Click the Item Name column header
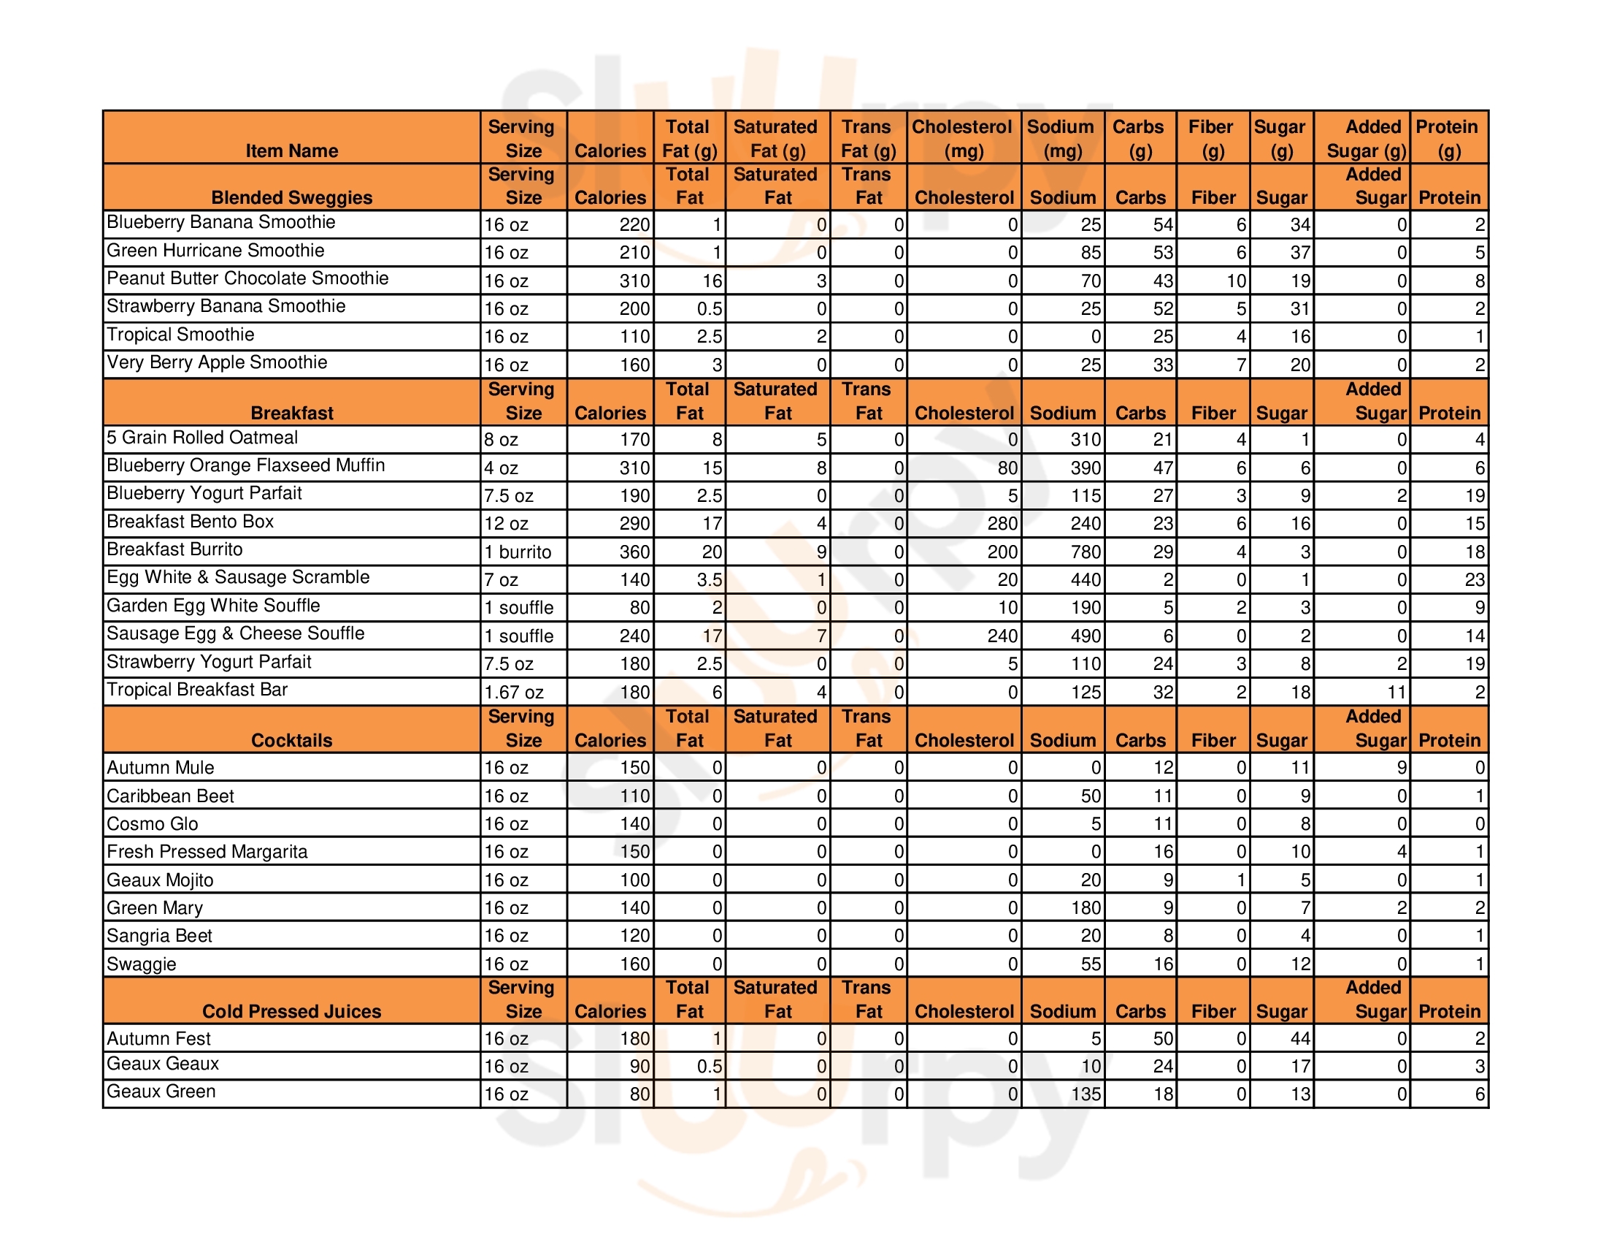pyautogui.click(x=291, y=151)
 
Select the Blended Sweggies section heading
pyautogui.click(x=291, y=198)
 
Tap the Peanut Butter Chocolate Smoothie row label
pyautogui.click(x=247, y=279)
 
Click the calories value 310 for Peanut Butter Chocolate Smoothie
pyautogui.click(x=634, y=281)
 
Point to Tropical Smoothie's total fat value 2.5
pyautogui.click(x=709, y=337)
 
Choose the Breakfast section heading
pyautogui.click(x=291, y=414)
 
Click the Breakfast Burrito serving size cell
pyautogui.click(x=517, y=552)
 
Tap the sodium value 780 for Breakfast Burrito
pyautogui.click(x=1085, y=552)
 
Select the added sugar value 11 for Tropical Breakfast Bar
pyautogui.click(x=1395, y=693)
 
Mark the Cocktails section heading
pyautogui.click(x=291, y=741)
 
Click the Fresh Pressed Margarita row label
pyautogui.click(x=207, y=852)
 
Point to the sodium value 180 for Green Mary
pyautogui.click(x=1085, y=908)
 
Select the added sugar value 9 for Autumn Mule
pyautogui.click(x=1401, y=768)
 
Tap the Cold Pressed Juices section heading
pyautogui.click(x=291, y=1012)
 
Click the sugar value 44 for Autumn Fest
pyautogui.click(x=1299, y=1039)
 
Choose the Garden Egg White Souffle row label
pyautogui.click(x=213, y=606)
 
